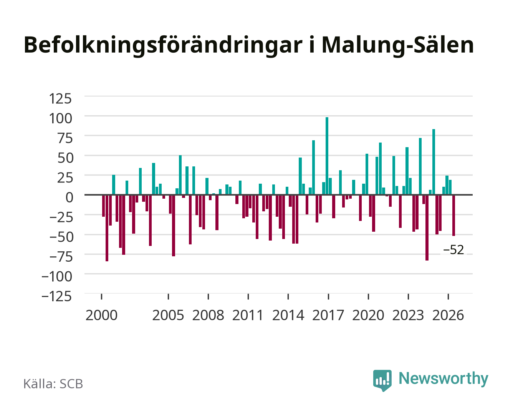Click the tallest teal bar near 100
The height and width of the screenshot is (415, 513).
(327, 156)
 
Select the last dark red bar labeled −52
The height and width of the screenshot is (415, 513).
(453, 215)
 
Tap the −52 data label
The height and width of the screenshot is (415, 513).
(453, 250)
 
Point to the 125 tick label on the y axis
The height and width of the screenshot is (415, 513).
(60, 99)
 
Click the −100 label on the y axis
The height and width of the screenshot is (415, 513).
(57, 276)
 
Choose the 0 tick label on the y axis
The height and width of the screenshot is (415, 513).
(70, 198)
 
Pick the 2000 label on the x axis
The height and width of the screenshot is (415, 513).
(101, 315)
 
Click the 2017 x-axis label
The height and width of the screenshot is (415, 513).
(328, 315)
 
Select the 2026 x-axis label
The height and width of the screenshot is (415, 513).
(448, 315)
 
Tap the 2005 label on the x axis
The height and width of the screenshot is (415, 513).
(168, 315)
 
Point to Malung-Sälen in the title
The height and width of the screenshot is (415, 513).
(398, 45)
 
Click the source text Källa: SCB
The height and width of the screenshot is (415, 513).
(53, 384)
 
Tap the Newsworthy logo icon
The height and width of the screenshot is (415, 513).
(382, 380)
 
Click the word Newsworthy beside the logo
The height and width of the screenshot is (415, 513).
(443, 378)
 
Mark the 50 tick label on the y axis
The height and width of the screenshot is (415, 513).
(65, 158)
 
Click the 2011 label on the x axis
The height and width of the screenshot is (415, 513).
(248, 315)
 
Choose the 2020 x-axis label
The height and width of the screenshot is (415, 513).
(368, 315)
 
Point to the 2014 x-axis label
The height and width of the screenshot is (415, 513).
(288, 315)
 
